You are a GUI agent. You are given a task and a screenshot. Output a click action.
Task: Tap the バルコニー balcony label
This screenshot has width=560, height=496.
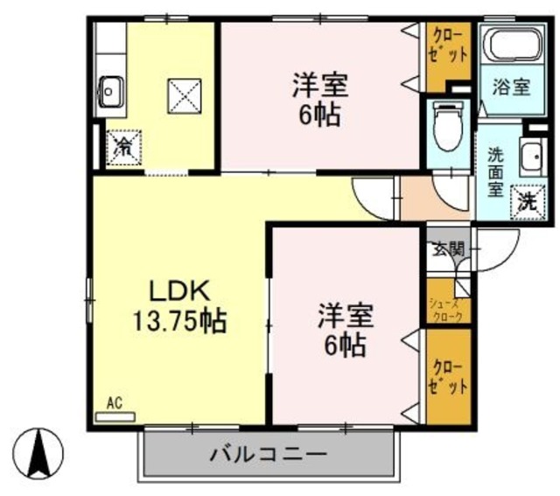click(268, 455)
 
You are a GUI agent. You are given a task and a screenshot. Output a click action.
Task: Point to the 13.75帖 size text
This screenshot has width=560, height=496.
click(180, 321)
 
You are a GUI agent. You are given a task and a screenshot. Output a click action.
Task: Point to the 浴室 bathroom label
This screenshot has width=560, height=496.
click(510, 87)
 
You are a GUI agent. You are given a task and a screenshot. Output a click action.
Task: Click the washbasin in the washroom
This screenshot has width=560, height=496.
click(531, 158)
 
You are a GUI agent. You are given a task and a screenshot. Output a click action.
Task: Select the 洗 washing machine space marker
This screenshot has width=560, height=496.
click(527, 200)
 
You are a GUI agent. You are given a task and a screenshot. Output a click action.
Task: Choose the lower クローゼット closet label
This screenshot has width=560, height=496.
click(447, 374)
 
